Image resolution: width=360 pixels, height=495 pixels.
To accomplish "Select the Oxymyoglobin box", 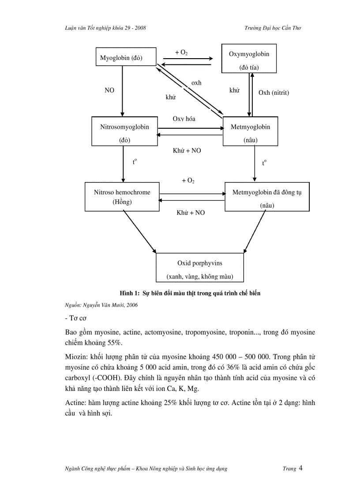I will (x=249, y=59).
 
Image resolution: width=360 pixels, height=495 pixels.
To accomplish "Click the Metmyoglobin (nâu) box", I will (x=250, y=131).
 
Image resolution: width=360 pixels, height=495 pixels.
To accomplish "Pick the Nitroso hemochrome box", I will (x=122, y=197).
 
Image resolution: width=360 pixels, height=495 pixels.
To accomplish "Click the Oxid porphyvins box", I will (x=200, y=268).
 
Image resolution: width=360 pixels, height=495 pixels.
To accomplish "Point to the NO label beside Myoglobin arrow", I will (x=109, y=90).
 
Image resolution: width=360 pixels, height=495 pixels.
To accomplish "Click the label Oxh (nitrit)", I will (x=274, y=93).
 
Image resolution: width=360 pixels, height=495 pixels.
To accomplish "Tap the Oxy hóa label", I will (x=184, y=119).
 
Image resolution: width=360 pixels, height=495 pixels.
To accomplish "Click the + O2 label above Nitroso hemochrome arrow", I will (x=188, y=181).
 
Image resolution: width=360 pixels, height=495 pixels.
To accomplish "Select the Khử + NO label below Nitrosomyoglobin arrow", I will (x=187, y=150).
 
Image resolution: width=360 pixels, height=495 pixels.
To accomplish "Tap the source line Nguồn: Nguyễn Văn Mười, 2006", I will (x=95, y=305).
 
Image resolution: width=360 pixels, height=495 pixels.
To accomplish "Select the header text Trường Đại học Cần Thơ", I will (x=273, y=28).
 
